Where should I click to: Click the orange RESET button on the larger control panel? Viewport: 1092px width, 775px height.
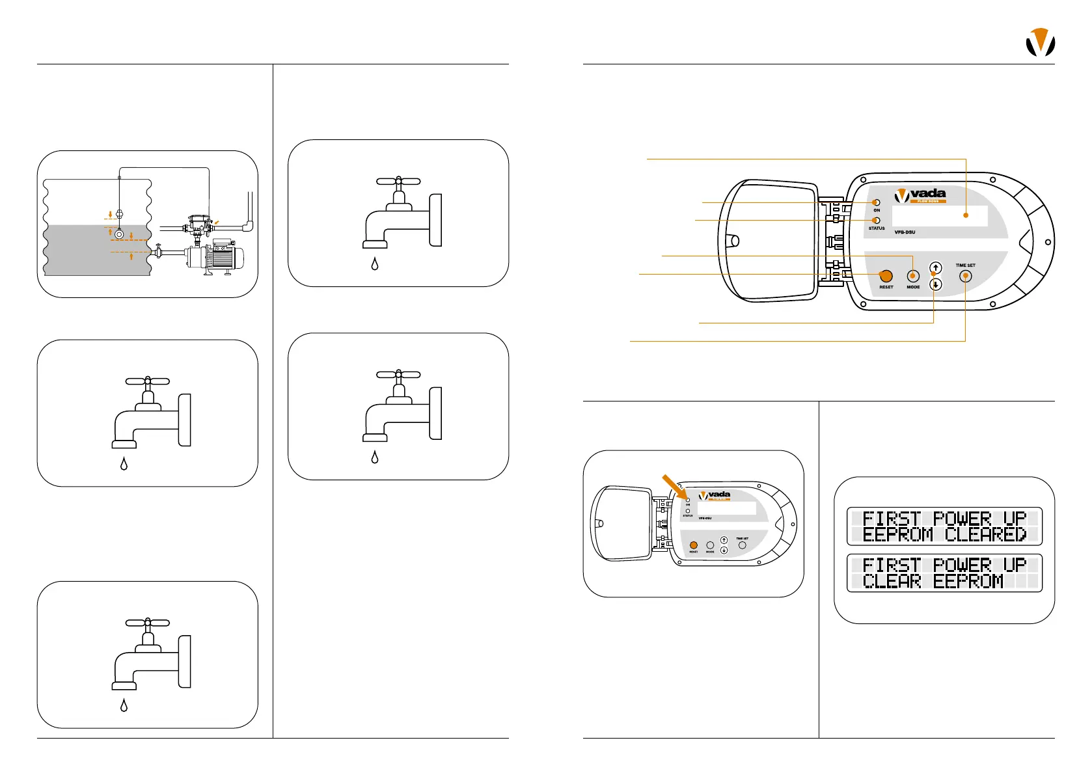coord(886,276)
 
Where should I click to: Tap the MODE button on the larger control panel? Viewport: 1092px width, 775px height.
coord(913,276)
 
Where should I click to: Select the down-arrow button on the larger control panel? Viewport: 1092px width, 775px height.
coord(936,284)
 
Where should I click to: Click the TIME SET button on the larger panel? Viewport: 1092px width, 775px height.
coord(966,276)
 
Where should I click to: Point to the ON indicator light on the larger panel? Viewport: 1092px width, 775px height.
coord(877,202)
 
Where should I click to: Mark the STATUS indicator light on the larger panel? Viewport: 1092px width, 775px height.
coord(877,221)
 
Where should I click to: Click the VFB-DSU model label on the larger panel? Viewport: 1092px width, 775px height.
coord(905,232)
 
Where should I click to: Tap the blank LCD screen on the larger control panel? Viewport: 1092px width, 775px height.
coord(940,215)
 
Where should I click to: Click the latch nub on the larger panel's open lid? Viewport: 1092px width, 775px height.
coord(734,241)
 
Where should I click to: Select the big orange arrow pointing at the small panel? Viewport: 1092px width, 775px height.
coord(674,488)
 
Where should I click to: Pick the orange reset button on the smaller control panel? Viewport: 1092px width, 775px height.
coord(694,545)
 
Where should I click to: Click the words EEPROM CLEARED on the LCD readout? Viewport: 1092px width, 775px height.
coord(944,535)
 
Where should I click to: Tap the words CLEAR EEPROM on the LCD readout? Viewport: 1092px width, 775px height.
coord(933,581)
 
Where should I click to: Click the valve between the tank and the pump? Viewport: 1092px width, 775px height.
coord(157,251)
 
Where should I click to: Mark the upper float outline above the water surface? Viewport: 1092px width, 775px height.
coord(119,213)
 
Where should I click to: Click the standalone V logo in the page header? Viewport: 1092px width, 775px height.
coord(1040,43)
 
